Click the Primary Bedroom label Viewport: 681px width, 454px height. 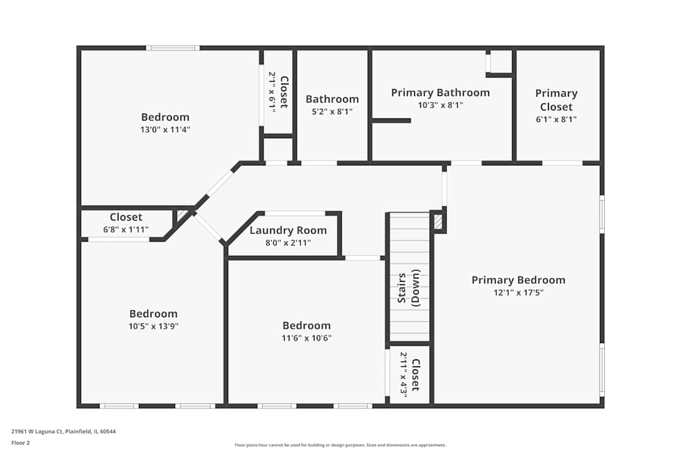(x=518, y=280)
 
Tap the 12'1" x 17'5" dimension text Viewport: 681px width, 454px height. (x=518, y=293)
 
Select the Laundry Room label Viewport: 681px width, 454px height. (x=288, y=231)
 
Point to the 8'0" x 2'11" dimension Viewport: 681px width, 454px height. (x=288, y=242)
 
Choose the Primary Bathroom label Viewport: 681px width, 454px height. (x=441, y=93)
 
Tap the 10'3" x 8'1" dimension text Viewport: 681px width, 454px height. (x=441, y=105)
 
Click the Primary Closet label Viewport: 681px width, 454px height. (x=556, y=100)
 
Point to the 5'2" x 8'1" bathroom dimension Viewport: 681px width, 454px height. (x=332, y=112)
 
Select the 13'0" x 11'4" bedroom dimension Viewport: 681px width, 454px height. (x=165, y=129)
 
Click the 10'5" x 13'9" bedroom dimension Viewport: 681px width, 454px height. (x=153, y=327)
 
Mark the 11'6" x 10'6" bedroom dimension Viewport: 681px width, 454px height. (x=306, y=338)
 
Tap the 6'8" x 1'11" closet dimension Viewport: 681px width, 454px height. (x=126, y=229)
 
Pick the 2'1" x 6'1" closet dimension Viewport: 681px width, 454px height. (x=272, y=92)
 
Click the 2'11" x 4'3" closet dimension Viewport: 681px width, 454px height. (x=403, y=374)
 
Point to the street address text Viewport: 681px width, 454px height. (x=63, y=432)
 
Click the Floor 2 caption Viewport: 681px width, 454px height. (x=20, y=442)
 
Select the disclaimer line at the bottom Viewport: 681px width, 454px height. (x=340, y=445)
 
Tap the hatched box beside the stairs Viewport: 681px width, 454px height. (x=438, y=222)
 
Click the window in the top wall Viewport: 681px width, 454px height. (x=172, y=48)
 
